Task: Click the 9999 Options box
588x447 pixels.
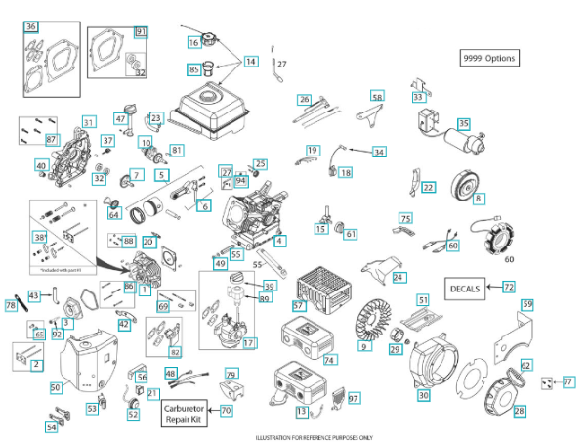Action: pos(489,58)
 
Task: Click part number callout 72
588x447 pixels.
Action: pos(509,288)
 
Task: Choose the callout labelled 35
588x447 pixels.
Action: pos(464,124)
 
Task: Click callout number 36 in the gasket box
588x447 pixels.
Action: pos(31,25)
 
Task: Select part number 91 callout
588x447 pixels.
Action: pos(141,32)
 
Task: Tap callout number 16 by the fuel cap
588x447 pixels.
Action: pos(193,42)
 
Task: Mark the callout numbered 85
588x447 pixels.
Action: pos(193,69)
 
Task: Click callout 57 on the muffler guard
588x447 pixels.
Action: pos(300,306)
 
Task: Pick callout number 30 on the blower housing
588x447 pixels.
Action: pos(423,395)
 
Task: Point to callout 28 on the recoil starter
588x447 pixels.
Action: pos(519,411)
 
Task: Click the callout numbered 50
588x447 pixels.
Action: pos(56,388)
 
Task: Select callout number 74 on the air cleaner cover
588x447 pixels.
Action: pos(329,360)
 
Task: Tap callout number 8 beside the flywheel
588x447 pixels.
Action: pos(479,199)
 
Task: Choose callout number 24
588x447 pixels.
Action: pos(398,278)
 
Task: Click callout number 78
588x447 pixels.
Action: pos(11,306)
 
